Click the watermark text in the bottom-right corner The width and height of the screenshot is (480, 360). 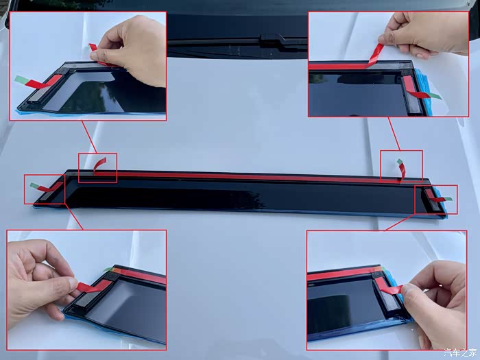tap(460, 352)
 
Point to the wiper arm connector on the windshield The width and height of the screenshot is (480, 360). tap(272, 38)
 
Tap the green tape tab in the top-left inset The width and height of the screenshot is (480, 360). tap(21, 80)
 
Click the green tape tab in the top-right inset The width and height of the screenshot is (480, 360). tap(435, 96)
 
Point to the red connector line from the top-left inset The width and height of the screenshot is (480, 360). tap(89, 136)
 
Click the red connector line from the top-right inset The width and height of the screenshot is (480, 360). tap(394, 134)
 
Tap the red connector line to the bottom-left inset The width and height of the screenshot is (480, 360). tap(74, 217)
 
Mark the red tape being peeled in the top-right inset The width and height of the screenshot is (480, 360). tap(375, 54)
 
